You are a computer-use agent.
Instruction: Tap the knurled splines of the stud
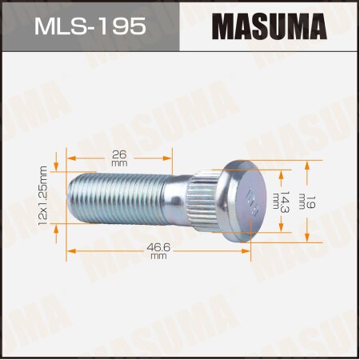[x=206, y=199]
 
